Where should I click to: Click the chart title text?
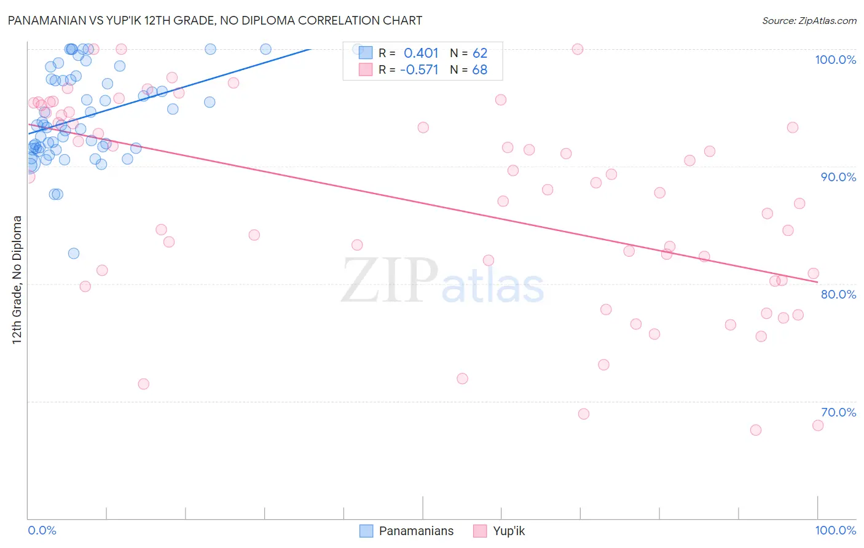tap(215, 20)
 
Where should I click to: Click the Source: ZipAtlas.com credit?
tap(809, 21)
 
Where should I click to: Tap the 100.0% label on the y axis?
tap(835, 60)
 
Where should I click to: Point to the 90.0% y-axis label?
tap(838, 177)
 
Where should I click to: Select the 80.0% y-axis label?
tap(838, 294)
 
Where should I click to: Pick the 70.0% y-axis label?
tap(838, 412)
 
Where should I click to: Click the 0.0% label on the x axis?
tap(42, 530)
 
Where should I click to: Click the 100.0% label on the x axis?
tap(835, 530)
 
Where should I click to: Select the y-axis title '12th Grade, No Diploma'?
tap(17, 280)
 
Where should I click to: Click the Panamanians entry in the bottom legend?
tap(416, 531)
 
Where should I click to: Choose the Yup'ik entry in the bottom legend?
tap(509, 531)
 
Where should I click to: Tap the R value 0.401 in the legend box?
tap(421, 53)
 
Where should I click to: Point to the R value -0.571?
tap(419, 70)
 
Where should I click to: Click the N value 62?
tap(480, 53)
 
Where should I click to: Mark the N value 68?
tap(480, 70)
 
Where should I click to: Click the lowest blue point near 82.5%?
tap(74, 253)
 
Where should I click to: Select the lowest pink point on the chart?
tap(756, 430)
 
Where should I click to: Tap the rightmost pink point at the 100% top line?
tap(578, 49)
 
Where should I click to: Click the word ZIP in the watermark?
tap(390, 281)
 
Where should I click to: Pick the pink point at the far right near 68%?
tap(818, 425)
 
